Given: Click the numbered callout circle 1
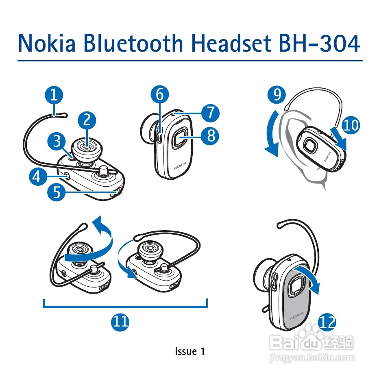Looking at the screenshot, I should click(54, 96).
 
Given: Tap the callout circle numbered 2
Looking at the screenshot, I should click(87, 120).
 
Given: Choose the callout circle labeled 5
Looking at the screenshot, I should click(56, 192).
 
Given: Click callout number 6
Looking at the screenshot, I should click(160, 95).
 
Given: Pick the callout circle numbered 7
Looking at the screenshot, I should click(210, 113).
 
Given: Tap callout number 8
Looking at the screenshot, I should click(210, 135).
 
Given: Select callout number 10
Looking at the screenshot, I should click(351, 125).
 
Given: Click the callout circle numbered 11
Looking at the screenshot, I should click(120, 322).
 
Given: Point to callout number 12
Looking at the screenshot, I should click(327, 323).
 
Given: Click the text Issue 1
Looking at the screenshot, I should click(189, 351).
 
